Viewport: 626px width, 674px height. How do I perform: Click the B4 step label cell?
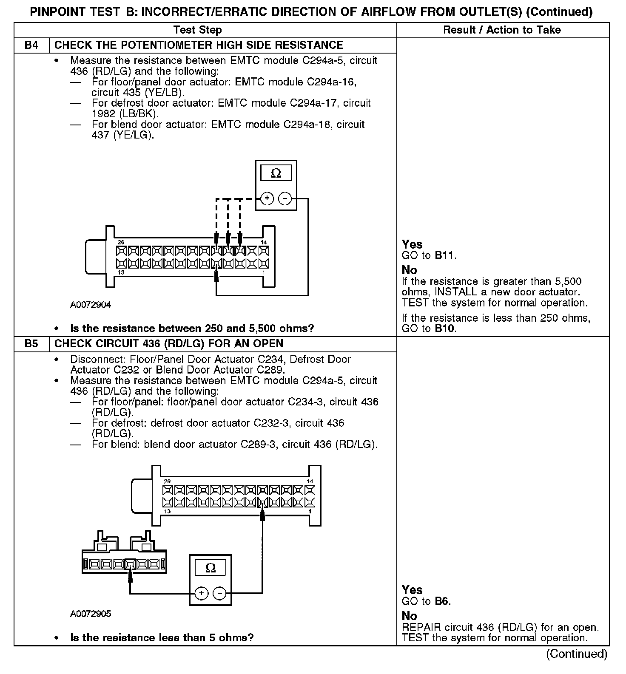[31, 45]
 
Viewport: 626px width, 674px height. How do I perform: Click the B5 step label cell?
[31, 344]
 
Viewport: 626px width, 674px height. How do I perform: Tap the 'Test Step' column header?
[197, 30]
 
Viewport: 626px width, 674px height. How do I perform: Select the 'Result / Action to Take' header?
[502, 30]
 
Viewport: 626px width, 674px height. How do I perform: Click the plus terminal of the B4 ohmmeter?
[267, 198]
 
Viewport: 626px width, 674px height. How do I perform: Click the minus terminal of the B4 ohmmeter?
[285, 198]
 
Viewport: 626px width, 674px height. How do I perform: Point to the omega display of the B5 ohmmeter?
[210, 568]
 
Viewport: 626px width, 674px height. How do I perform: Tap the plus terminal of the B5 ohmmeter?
[201, 593]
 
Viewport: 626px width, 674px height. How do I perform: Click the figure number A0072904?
[91, 305]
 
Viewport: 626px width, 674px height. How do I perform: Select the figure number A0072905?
[91, 614]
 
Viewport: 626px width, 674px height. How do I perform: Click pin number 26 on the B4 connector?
[121, 242]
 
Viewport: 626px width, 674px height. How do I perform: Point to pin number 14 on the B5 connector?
[310, 481]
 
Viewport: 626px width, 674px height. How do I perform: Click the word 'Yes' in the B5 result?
[412, 590]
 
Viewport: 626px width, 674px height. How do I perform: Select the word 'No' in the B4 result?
[410, 270]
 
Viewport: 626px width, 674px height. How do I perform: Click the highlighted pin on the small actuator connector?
[130, 564]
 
